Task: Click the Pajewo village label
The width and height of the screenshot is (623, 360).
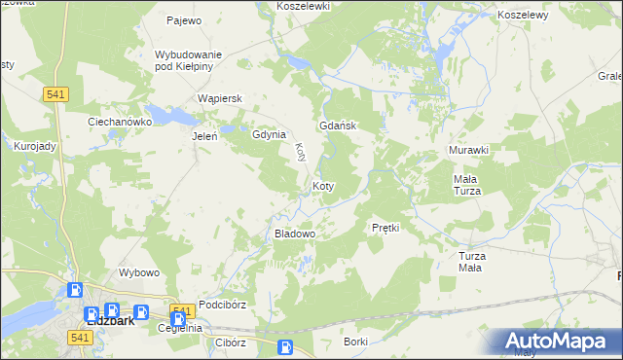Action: click(x=183, y=19)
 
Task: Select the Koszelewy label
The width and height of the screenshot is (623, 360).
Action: click(x=523, y=16)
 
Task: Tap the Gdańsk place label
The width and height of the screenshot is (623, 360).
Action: click(x=340, y=126)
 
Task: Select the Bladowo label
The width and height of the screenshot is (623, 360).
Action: click(x=296, y=234)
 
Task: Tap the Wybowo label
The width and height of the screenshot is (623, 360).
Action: click(x=138, y=272)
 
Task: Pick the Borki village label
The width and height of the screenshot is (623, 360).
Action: click(x=355, y=342)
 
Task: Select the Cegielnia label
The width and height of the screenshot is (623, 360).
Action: click(x=179, y=328)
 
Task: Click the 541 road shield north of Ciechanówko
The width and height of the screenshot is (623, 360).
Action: click(x=55, y=93)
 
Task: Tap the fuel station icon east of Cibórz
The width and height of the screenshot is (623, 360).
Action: click(x=285, y=347)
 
